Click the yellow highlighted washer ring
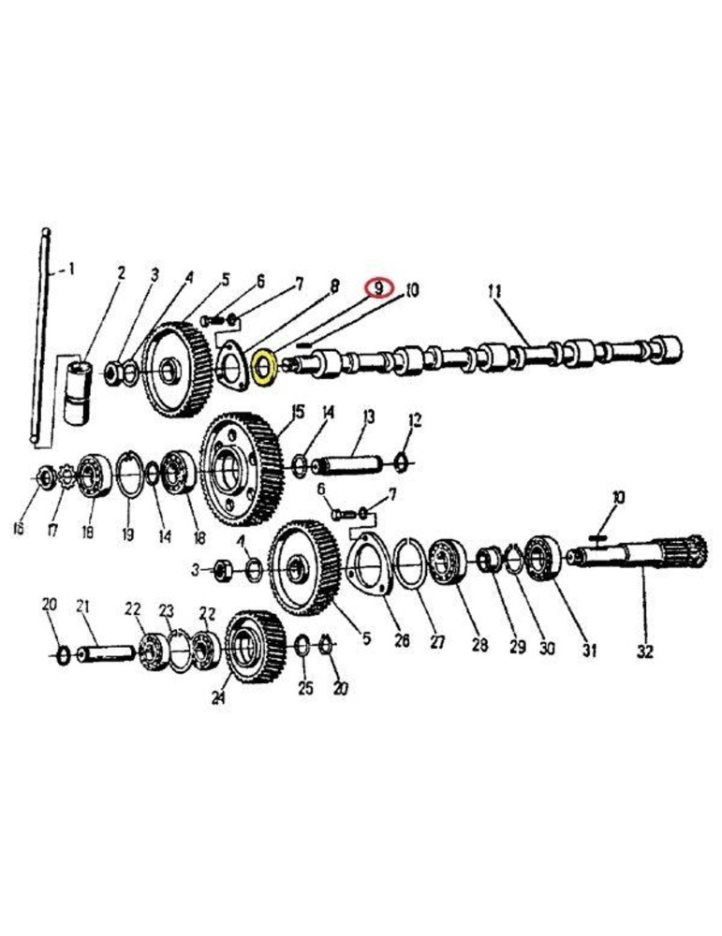[x=263, y=367]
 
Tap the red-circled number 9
[x=378, y=288]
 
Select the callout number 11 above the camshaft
[x=494, y=291]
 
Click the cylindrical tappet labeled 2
[x=81, y=388]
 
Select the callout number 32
[x=644, y=649]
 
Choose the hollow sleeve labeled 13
[x=351, y=463]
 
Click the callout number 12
[x=415, y=418]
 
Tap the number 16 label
[x=18, y=530]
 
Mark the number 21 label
[x=82, y=607]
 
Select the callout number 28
[x=479, y=645]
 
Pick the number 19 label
[x=127, y=534]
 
